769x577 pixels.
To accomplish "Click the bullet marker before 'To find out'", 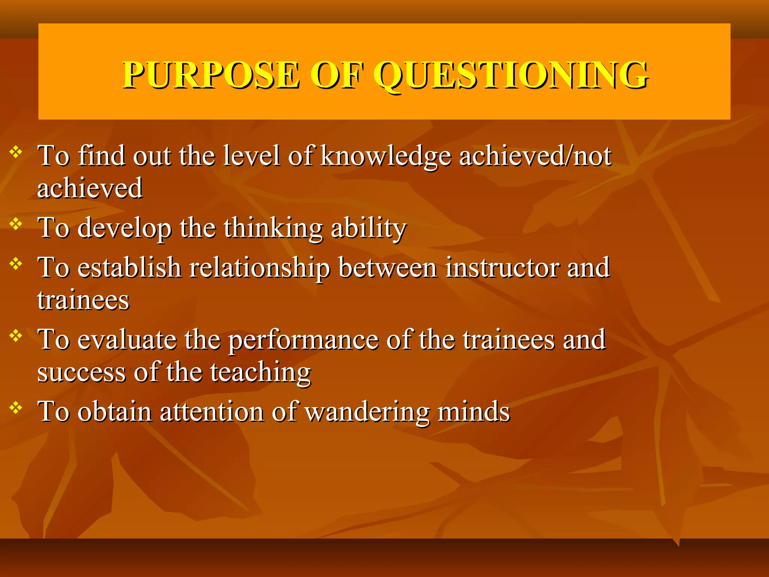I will pos(16,152).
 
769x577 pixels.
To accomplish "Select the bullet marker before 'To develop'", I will pos(16,224).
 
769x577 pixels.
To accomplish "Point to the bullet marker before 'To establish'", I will pos(16,264).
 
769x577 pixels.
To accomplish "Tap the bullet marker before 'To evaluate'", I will pos(16,335).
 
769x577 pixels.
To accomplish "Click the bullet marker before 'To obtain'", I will pos(16,408).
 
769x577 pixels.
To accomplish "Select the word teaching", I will pos(260,373).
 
